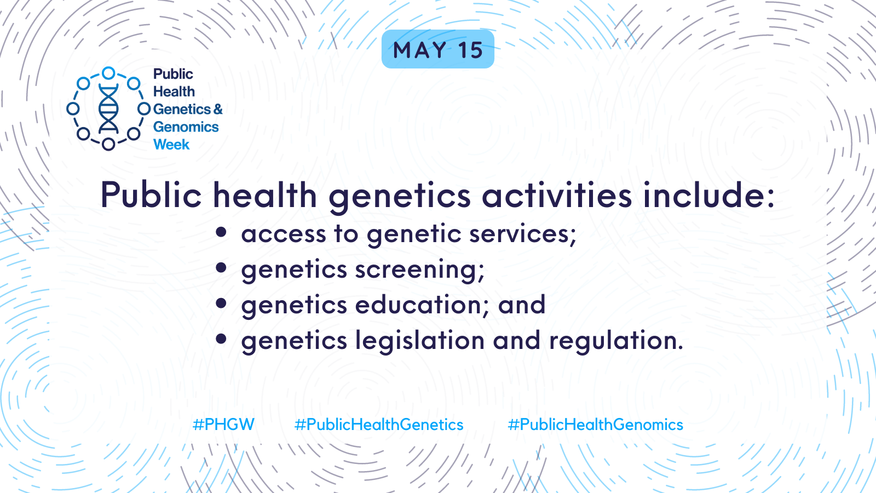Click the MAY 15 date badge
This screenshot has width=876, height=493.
tap(437, 49)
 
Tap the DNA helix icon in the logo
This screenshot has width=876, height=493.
tap(108, 108)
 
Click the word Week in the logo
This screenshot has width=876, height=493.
tap(171, 145)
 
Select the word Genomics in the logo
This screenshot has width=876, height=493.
tap(186, 127)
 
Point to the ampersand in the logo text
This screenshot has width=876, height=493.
tap(218, 109)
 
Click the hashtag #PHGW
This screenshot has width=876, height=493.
tap(223, 425)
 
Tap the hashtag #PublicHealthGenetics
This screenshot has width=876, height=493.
tap(378, 425)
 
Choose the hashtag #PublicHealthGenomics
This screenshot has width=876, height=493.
tap(595, 425)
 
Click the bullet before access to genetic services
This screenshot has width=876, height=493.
tap(221, 232)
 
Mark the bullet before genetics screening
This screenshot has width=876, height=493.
tap(221, 268)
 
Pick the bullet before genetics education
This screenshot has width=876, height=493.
tap(221, 303)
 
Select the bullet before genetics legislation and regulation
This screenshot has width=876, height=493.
tap(221, 339)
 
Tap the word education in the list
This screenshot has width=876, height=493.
tap(422, 305)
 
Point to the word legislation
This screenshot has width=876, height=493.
tap(420, 341)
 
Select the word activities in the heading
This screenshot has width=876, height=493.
tap(556, 194)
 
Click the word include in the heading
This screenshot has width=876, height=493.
tap(708, 194)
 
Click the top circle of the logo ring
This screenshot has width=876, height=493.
tap(108, 73)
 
